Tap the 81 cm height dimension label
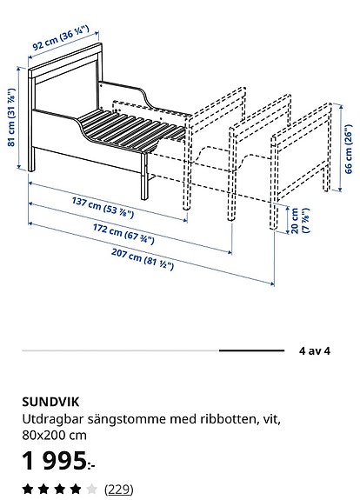click(11, 117)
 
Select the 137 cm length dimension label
click(103, 208)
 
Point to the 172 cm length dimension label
click(123, 234)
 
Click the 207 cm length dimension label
click(143, 259)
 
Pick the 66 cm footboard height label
click(349, 149)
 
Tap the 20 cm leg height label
click(300, 221)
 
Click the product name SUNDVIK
click(50, 402)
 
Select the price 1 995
click(58, 461)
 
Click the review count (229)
click(118, 489)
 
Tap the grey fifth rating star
click(91, 489)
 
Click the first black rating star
click(28, 489)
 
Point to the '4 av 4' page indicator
click(315, 351)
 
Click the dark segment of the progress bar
click(251, 350)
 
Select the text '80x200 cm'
click(54, 436)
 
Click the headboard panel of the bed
click(65, 92)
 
